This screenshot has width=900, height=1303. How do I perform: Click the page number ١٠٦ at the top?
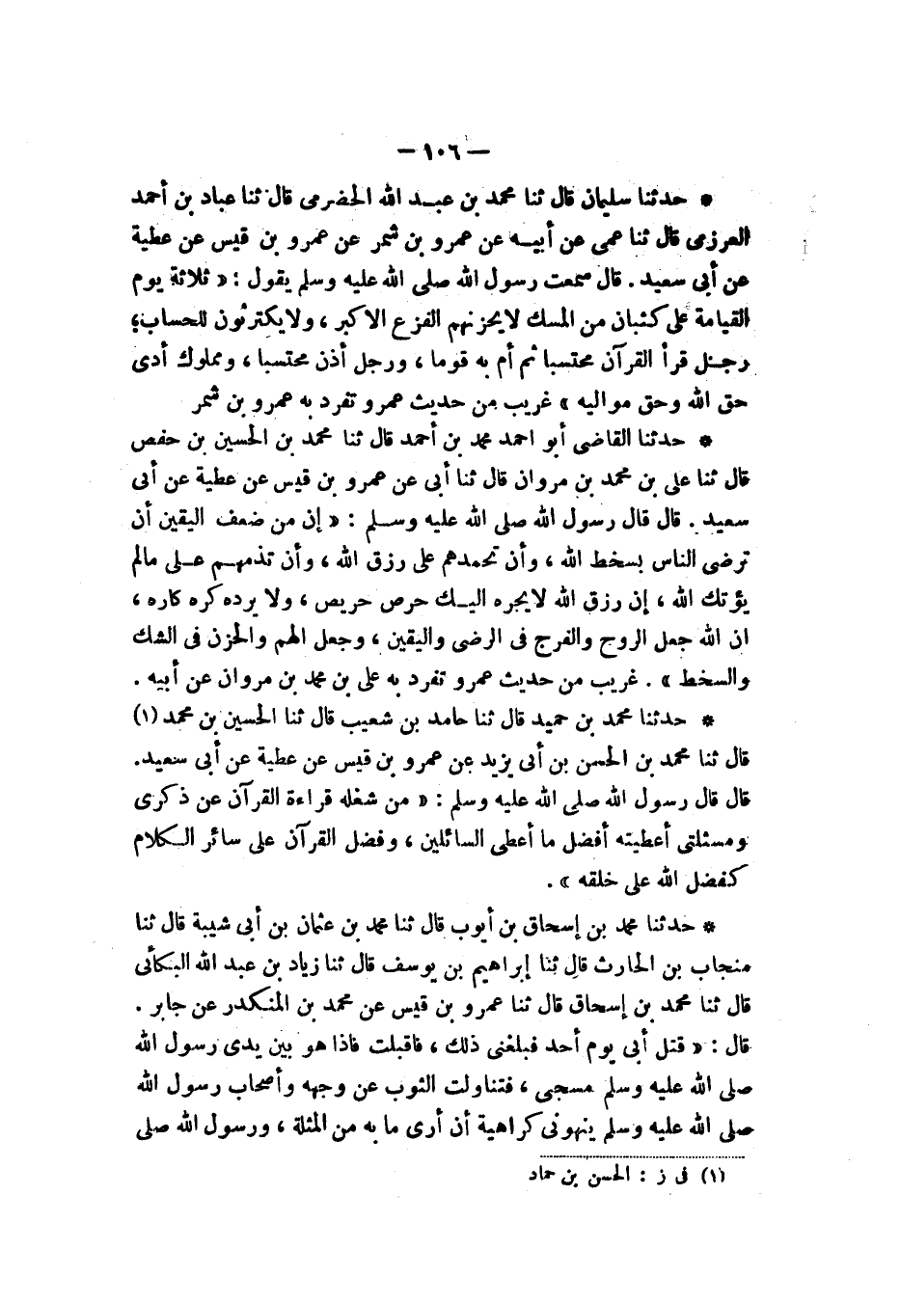445,151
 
